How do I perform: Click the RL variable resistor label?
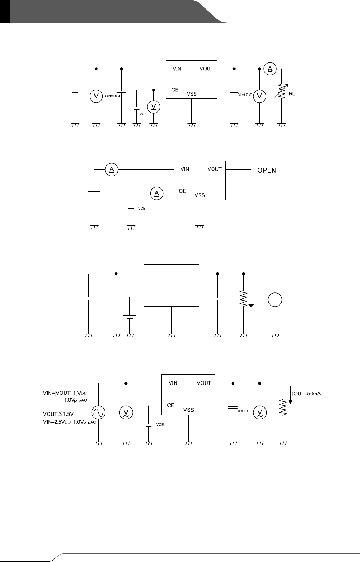[x=292, y=94]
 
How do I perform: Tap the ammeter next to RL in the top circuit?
[x=270, y=69]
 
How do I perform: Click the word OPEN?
[x=267, y=170]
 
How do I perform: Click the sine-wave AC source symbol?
[x=98, y=412]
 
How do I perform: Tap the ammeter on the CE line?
[x=157, y=193]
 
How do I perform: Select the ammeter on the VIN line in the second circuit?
[x=111, y=170]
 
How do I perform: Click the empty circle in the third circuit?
[x=275, y=300]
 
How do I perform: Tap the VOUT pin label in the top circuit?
[x=206, y=68]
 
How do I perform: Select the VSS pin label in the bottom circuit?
[x=189, y=410]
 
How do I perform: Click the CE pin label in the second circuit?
[x=182, y=191]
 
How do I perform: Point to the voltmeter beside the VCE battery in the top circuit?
[x=153, y=107]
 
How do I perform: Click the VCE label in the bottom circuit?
[x=160, y=425]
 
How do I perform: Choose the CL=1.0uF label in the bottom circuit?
[x=244, y=411]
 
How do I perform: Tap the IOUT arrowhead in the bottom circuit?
[x=290, y=401]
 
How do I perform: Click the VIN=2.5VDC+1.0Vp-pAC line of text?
[x=69, y=422]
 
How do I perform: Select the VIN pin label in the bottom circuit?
[x=173, y=383]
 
